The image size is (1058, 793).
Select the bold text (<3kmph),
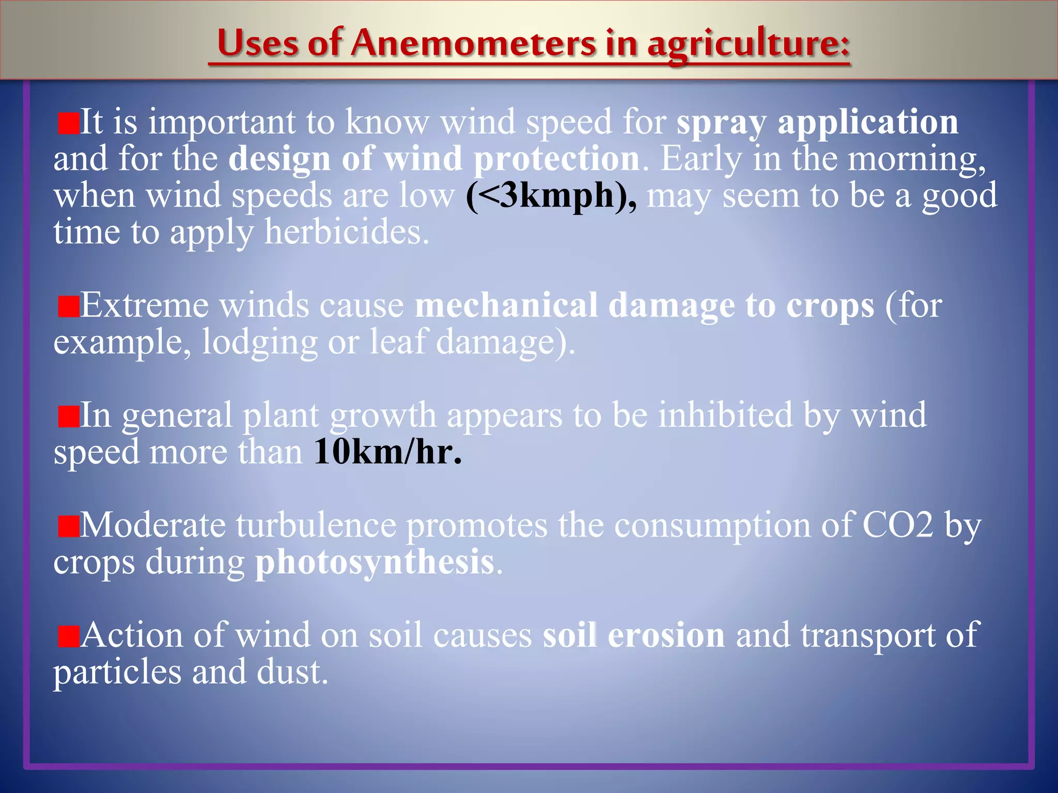(x=551, y=196)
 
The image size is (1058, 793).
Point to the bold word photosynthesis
(x=375, y=562)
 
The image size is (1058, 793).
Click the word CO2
(x=897, y=526)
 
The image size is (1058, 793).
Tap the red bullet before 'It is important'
(x=68, y=124)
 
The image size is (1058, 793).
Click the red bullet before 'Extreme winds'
(x=68, y=307)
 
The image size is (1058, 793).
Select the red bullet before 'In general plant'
(x=68, y=417)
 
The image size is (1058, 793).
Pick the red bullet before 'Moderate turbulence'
(x=68, y=527)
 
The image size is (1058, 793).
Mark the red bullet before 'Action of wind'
(x=68, y=637)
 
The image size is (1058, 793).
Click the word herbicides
(x=346, y=233)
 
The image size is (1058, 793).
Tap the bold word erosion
(x=666, y=636)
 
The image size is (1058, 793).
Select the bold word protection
(x=556, y=159)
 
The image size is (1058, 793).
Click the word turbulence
(x=316, y=526)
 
